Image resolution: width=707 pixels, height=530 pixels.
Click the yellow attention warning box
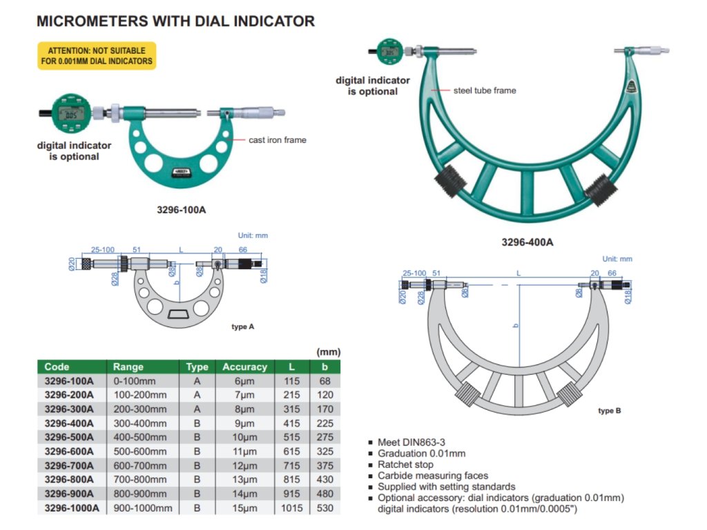tap(96, 56)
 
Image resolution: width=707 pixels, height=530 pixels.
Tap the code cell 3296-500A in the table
tap(68, 437)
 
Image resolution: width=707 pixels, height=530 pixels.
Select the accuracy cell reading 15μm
tap(244, 508)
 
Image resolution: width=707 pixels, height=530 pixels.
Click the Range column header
tap(128, 366)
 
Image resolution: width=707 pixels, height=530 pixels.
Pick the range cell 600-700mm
tap(139, 465)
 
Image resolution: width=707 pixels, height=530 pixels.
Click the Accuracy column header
tap(244, 366)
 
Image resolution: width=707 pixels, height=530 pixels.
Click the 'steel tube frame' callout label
tap(485, 90)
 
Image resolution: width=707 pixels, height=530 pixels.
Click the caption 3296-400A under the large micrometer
tap(527, 242)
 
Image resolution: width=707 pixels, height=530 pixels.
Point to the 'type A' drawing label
tap(242, 326)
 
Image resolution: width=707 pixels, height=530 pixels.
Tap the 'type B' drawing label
tap(609, 411)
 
